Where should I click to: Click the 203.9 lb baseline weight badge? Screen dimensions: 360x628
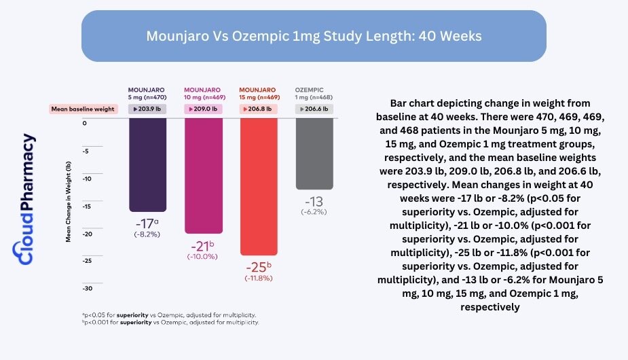pyautogui.click(x=147, y=109)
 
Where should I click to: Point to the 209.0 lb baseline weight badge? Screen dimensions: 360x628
pyautogui.click(x=203, y=109)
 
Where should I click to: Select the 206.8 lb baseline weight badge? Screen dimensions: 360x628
pyautogui.click(x=258, y=109)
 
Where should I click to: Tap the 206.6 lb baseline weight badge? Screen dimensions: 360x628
pyautogui.click(x=314, y=109)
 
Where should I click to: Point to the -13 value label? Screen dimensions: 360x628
pyautogui.click(x=314, y=202)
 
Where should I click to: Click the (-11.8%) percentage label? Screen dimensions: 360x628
pyautogui.click(x=258, y=278)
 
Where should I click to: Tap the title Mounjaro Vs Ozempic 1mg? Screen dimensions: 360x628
pyautogui.click(x=314, y=36)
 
